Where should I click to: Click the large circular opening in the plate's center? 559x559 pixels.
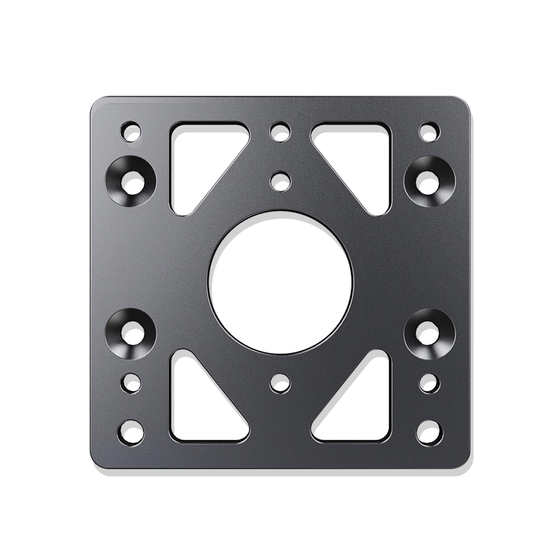(281, 282)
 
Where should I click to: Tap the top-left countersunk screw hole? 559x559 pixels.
(131, 181)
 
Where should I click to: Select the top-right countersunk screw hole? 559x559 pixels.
(429, 181)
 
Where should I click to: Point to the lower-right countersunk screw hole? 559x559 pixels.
(429, 333)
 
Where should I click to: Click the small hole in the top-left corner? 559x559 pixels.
(131, 132)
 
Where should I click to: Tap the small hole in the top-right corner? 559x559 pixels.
(429, 132)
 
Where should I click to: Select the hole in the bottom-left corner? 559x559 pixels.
(131, 432)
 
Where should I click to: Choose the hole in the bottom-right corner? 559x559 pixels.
(429, 432)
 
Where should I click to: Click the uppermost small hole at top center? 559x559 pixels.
(280, 132)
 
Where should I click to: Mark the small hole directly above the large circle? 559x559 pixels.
(280, 181)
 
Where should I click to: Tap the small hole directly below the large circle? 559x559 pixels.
(280, 383)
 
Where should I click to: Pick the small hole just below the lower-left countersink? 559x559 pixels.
(131, 383)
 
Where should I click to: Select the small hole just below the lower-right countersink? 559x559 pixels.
(429, 383)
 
